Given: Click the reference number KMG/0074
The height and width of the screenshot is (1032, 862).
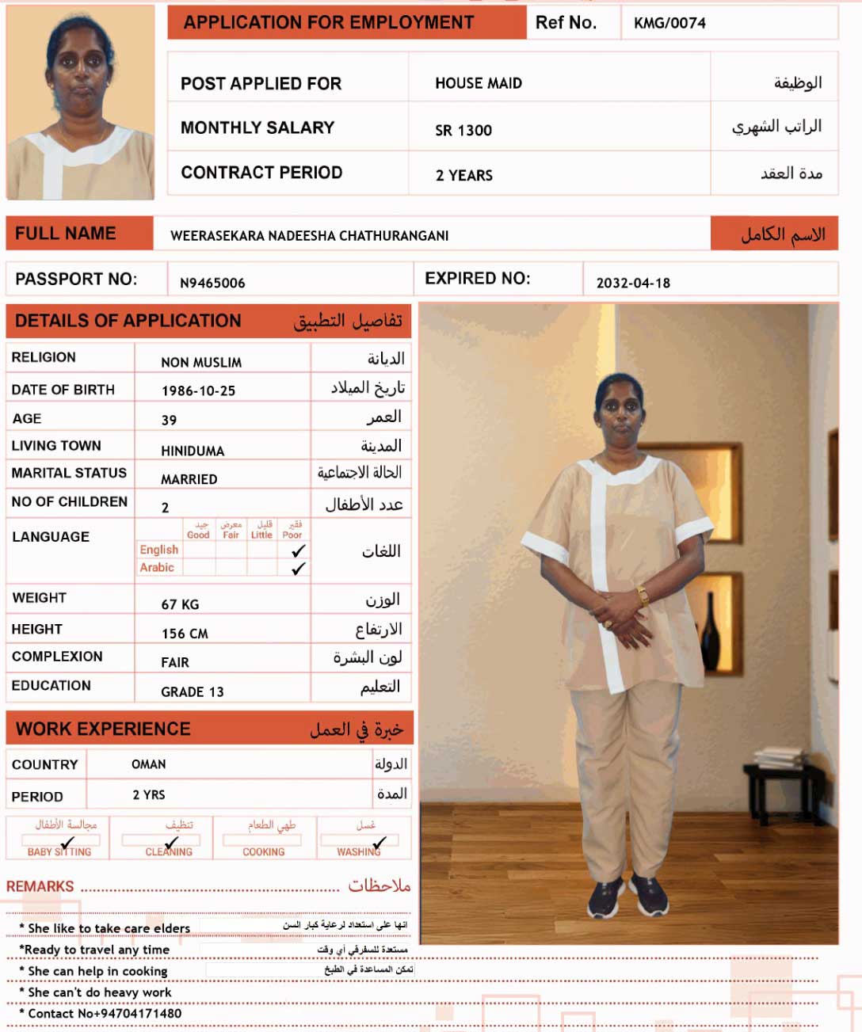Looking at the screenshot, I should tap(669, 23).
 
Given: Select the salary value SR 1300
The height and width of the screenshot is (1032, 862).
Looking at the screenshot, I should tap(463, 131).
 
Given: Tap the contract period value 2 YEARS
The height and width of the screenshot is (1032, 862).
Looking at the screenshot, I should tap(464, 175).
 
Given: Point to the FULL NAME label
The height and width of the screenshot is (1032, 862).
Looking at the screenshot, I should tap(66, 234).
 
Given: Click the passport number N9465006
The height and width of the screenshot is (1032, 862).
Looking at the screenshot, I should tap(212, 283).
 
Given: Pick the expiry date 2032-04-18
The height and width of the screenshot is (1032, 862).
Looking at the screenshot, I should tap(633, 283).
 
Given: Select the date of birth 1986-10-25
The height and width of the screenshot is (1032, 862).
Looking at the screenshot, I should tap(198, 390).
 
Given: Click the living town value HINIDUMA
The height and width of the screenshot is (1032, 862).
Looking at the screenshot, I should tap(193, 451).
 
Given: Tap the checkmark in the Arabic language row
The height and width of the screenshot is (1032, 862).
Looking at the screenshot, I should tap(299, 568).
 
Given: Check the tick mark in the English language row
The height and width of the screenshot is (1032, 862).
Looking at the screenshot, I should tap(299, 550).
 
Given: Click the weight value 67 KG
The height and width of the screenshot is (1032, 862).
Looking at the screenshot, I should tap(180, 604).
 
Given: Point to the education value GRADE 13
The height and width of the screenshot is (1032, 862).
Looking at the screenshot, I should tap(193, 691).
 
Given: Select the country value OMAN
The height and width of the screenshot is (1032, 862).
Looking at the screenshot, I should tap(149, 764).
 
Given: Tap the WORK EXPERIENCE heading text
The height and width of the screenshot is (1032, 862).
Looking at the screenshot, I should tap(103, 729).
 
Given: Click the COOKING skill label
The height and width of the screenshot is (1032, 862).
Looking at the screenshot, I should tap(263, 852).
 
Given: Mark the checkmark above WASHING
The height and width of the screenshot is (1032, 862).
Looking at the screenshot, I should tap(380, 842).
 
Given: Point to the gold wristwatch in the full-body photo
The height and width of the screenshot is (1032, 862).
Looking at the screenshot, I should tap(643, 596).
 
